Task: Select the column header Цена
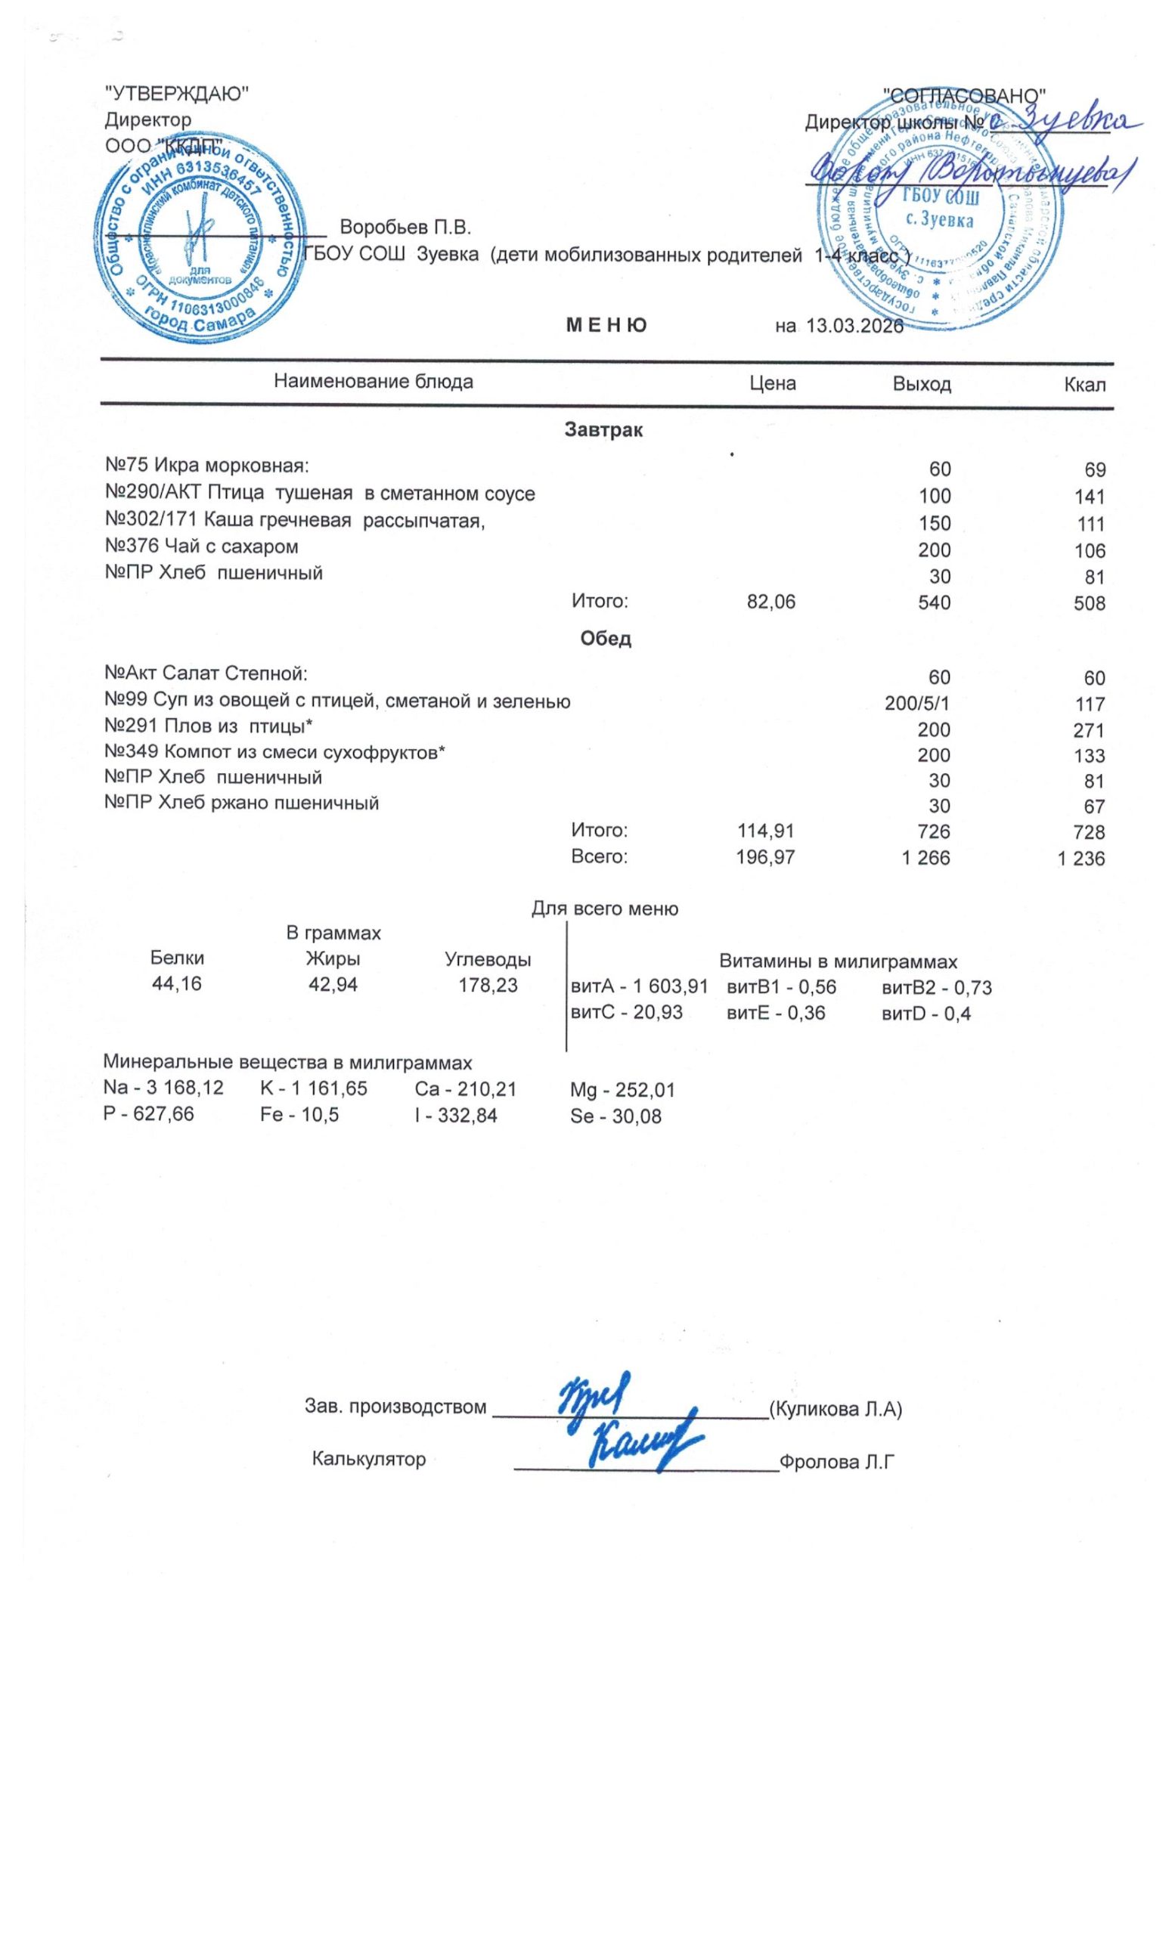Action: click(772, 383)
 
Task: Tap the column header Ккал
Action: click(1085, 385)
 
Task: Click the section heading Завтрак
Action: click(603, 430)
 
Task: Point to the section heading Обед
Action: click(605, 639)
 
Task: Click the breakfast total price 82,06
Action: click(770, 602)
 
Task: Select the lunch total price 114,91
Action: click(766, 831)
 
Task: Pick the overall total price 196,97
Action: click(766, 857)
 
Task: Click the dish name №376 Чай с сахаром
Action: click(201, 546)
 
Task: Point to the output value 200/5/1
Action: click(917, 703)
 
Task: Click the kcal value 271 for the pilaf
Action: click(1089, 730)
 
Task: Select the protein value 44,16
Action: click(177, 984)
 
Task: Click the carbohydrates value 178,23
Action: click(488, 985)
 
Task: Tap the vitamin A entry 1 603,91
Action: click(640, 987)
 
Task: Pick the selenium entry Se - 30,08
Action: click(615, 1116)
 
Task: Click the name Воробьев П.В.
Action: click(405, 228)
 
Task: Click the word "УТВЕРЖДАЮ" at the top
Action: click(177, 94)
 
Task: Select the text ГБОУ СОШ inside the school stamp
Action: click(938, 197)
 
